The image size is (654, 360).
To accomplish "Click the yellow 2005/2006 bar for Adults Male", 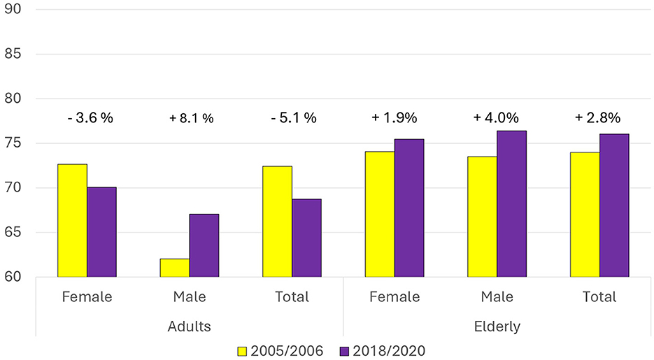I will point(175,268).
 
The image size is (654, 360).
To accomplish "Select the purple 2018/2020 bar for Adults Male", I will point(204,245).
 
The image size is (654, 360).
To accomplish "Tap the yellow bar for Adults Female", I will point(72,220).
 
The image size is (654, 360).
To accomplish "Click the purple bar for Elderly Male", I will point(512,203).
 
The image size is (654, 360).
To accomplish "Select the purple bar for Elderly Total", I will point(614,206).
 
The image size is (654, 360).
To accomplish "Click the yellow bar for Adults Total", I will point(278,221).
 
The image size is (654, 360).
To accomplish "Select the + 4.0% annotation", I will point(497,118).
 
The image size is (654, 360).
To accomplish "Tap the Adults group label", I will point(189,326).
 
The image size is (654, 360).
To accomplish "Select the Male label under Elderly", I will point(497,297).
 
